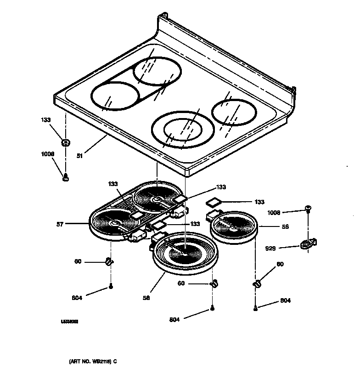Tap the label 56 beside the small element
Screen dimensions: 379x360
click(x=285, y=227)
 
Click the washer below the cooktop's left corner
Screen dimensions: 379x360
click(x=66, y=143)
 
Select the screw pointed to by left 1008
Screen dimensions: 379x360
click(x=66, y=176)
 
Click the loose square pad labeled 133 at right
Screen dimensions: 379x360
click(x=214, y=201)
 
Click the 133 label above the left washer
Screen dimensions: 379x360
click(x=45, y=120)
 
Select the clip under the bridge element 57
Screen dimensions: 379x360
click(x=110, y=262)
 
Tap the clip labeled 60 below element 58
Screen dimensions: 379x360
click(x=213, y=284)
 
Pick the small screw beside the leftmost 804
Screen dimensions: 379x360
click(x=111, y=287)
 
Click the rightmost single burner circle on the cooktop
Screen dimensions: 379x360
click(x=233, y=113)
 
